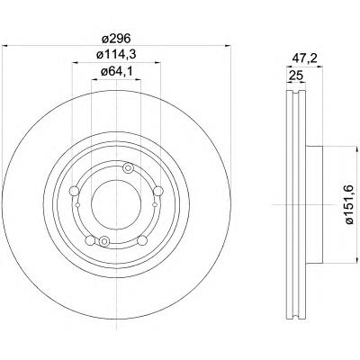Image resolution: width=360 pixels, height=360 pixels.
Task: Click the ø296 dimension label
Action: [x=116, y=39]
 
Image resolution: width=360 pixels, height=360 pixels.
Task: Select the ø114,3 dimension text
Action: [x=116, y=55]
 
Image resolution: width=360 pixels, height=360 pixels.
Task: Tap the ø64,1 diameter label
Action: [x=116, y=72]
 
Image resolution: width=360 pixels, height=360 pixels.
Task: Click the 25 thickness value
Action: [x=295, y=76]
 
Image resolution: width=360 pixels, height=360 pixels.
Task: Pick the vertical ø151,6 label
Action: [x=350, y=204]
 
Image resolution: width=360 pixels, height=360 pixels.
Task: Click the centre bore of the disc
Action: [x=116, y=204]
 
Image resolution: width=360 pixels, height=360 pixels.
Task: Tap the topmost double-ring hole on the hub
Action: [x=129, y=168]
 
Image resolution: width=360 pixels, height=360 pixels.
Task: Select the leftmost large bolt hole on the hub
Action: [x=74, y=191]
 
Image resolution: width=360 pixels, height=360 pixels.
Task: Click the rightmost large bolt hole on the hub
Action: [x=158, y=191]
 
